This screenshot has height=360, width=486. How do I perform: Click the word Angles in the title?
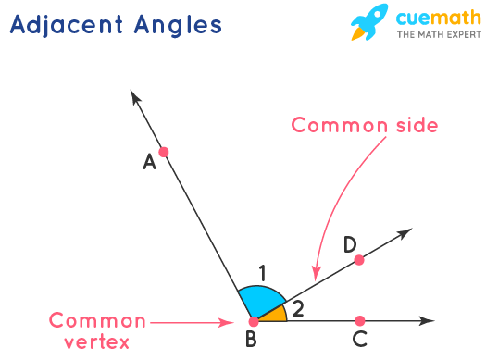coord(178,24)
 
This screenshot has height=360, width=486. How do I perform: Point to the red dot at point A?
coord(164,151)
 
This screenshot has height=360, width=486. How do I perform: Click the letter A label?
coord(148,162)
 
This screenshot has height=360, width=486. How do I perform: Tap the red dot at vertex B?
coord(254,321)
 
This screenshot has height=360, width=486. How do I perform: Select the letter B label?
coord(251,341)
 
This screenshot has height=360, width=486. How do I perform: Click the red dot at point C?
coord(359,321)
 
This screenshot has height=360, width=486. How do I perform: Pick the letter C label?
coord(360,340)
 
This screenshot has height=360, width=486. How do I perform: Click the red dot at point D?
coord(359,260)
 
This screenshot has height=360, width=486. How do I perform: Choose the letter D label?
coord(350,244)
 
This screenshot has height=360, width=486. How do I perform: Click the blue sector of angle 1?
coord(260,301)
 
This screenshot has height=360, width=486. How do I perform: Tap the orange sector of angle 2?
coord(275,315)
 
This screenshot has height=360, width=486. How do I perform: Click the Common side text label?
coord(364,124)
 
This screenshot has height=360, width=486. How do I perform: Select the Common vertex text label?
coord(97,330)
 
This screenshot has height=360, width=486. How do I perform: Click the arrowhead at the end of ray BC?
coord(428,321)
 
